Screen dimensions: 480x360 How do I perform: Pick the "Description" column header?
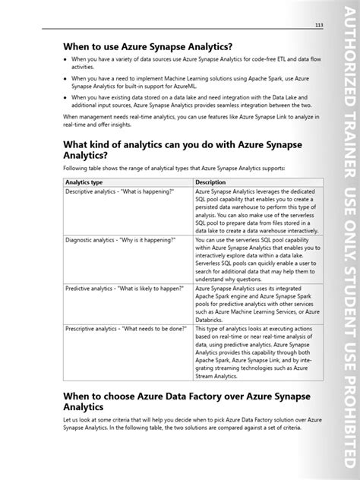click(x=216, y=204)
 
